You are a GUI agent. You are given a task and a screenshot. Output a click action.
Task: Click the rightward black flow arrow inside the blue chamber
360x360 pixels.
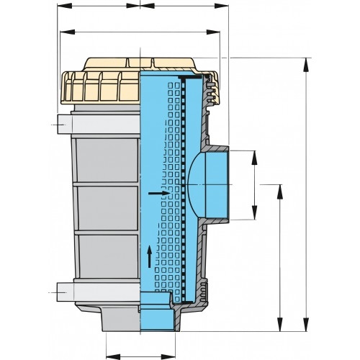pos(156,194)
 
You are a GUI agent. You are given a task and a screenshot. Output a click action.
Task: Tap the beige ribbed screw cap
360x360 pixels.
pos(101,85)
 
